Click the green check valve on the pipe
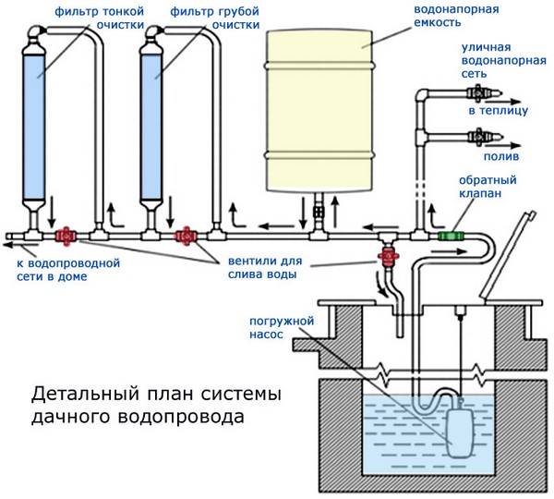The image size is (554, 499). pyautogui.click(x=452, y=237)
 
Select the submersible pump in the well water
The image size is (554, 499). pyautogui.click(x=461, y=432)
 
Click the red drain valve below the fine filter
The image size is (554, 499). pyautogui.click(x=66, y=237)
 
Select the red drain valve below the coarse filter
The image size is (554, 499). pyautogui.click(x=186, y=237)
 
